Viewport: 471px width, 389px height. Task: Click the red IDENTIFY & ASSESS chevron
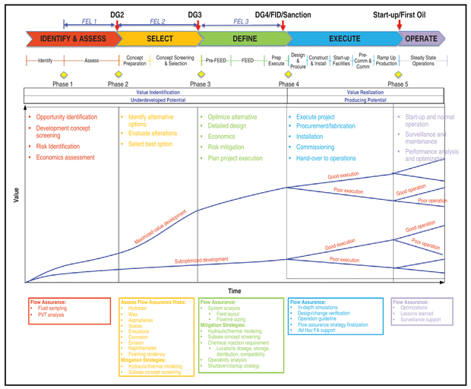pos(69,38)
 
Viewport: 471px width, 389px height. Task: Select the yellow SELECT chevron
pos(159,38)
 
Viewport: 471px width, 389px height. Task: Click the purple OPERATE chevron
pos(421,38)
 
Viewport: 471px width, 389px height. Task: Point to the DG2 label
pos(117,14)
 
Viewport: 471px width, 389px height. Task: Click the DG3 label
pos(195,14)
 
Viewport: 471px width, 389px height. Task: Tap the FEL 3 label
pos(241,22)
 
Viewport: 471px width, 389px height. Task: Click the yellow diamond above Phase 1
pos(63,74)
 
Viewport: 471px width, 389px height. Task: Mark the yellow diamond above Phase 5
pos(395,74)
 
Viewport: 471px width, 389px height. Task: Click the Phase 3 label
pos(200,84)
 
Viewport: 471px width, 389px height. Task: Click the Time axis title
pos(235,290)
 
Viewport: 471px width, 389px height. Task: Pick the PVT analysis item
pos(52,315)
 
